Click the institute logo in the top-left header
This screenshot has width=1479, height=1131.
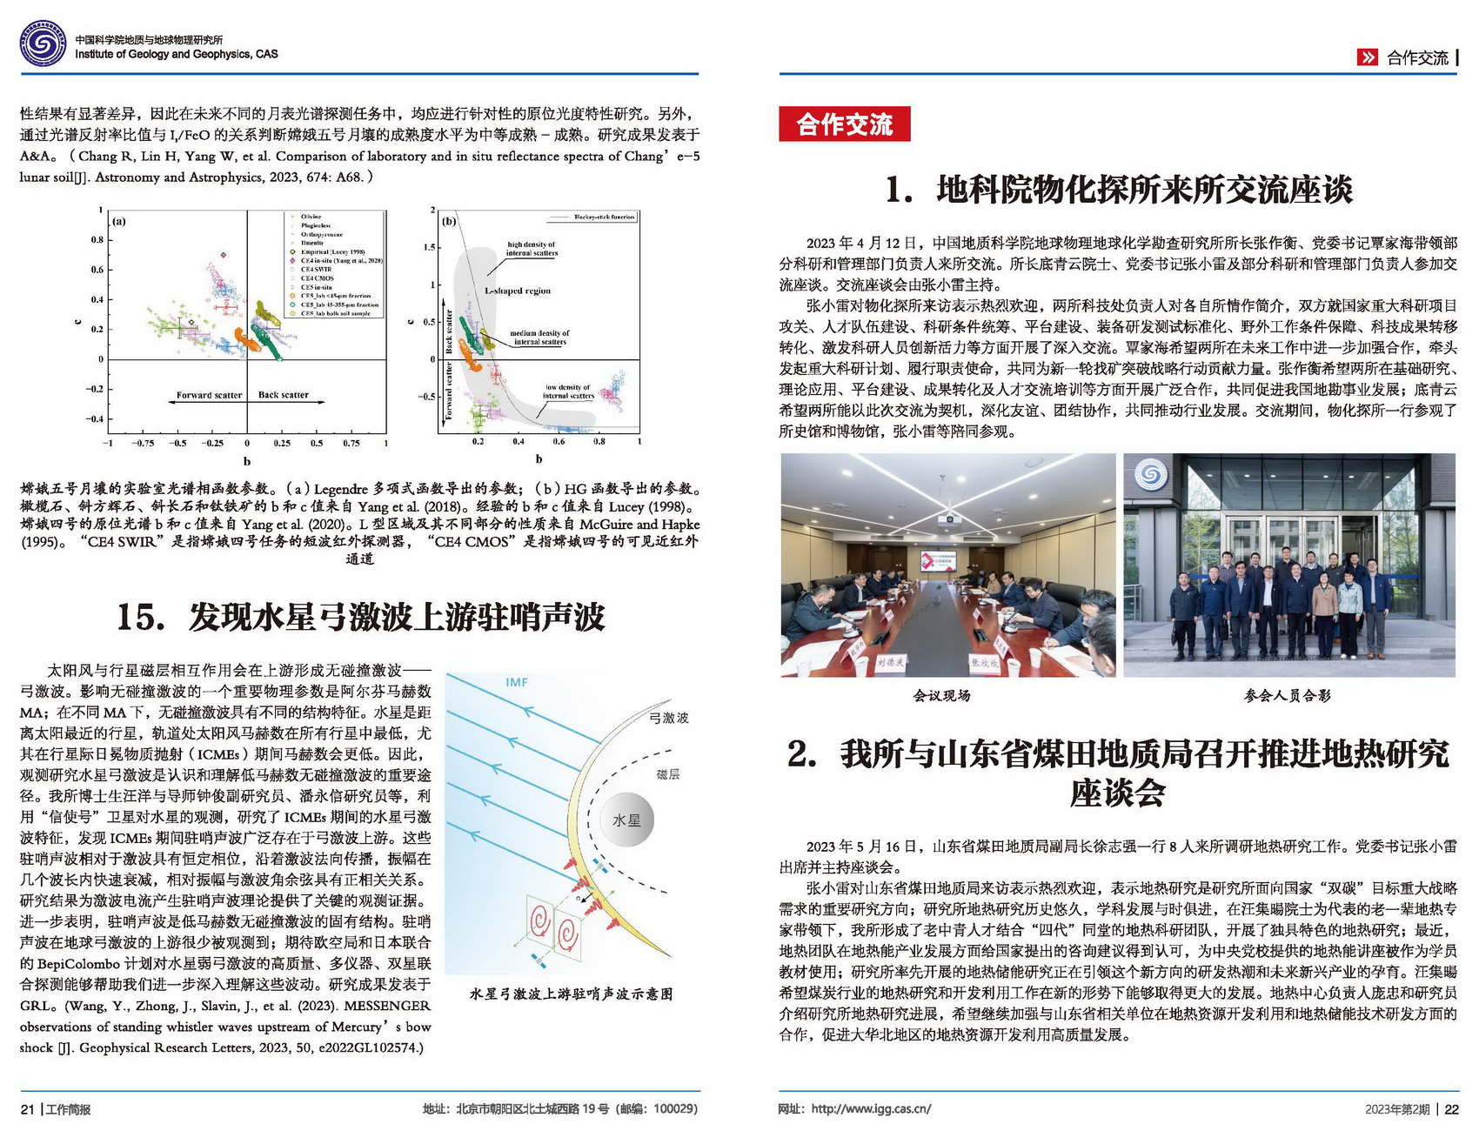pos(43,43)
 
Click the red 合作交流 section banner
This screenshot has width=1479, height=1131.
pos(844,124)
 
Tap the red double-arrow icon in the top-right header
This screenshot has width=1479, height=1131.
pos(1368,57)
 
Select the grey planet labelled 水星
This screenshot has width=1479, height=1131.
pos(626,820)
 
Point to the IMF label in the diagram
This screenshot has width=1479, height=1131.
pos(517,682)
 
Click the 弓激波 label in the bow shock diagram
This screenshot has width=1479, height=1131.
pos(669,718)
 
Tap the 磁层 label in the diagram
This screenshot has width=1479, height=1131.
pos(668,774)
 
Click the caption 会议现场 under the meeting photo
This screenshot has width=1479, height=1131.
pos(941,695)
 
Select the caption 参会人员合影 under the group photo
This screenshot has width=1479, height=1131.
pos(1288,695)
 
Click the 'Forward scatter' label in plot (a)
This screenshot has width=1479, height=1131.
pos(209,395)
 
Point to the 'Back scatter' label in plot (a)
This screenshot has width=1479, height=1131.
pos(283,395)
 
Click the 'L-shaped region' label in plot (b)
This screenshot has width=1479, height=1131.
pos(518,291)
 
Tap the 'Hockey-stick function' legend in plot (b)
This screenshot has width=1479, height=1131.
pos(604,217)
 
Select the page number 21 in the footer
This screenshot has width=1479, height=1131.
pos(27,1109)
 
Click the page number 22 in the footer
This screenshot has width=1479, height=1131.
pos(1451,1109)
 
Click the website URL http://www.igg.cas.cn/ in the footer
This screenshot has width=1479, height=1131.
pos(871,1109)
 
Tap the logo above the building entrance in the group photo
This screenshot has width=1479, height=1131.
pos(1150,475)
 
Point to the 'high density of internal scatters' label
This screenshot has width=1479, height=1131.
pos(531,249)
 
